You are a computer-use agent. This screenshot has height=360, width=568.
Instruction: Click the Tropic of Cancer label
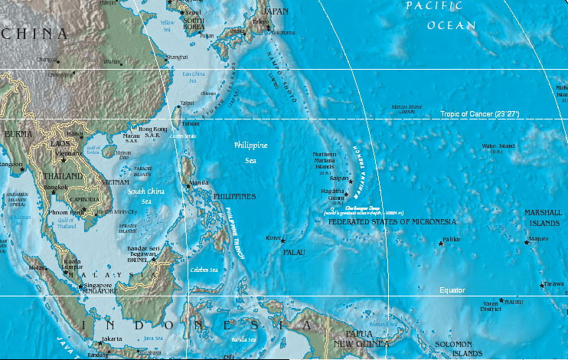480,114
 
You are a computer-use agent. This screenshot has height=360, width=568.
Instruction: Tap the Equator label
452,290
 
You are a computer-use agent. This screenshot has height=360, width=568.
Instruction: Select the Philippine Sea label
252,152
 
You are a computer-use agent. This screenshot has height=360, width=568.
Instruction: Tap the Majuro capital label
539,239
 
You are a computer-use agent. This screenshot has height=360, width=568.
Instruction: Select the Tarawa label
553,283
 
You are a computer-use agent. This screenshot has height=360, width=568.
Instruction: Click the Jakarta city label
112,338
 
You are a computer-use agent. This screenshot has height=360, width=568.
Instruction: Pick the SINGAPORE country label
96,291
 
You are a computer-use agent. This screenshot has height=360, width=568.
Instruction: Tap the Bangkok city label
56,187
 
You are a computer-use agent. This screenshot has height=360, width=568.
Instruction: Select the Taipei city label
187,102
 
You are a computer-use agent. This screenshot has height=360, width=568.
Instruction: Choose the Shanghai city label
176,57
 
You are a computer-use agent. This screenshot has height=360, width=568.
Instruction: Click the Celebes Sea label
204,270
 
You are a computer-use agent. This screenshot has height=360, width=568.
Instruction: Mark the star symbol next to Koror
283,241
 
